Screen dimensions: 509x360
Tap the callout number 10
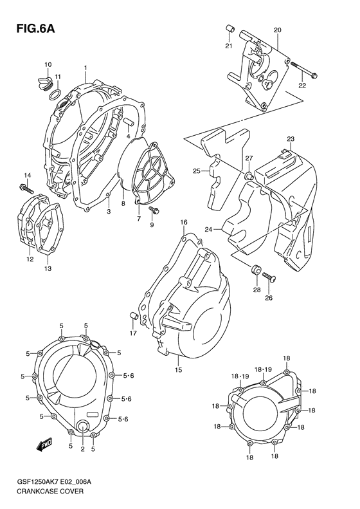pyautogui.click(x=48, y=64)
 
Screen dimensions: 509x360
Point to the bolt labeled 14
pyautogui.click(x=24, y=188)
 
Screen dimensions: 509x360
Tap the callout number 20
pyautogui.click(x=278, y=30)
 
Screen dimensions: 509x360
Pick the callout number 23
pyautogui.click(x=291, y=140)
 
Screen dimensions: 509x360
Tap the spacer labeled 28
pyautogui.click(x=256, y=270)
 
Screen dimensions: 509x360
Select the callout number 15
pyautogui.click(x=179, y=370)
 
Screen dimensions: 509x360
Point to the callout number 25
pyautogui.click(x=197, y=171)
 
